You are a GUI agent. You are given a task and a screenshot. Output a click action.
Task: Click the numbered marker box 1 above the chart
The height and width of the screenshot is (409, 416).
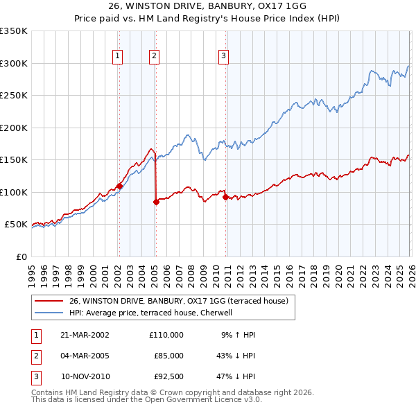coord(118,57)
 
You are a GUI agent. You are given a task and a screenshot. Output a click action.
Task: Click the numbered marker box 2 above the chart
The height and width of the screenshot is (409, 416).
coord(154,57)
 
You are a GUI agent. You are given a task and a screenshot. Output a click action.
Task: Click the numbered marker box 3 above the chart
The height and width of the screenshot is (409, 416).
coord(224,57)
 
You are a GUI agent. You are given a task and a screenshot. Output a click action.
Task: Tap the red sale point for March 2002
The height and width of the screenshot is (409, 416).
coord(119,186)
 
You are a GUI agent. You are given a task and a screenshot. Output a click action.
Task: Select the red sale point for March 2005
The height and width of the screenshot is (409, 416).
coord(156,202)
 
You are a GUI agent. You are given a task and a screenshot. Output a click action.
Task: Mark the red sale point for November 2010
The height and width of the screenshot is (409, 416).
coord(225,197)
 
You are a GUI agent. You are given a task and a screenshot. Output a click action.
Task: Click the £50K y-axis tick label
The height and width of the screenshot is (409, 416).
coord(17,225)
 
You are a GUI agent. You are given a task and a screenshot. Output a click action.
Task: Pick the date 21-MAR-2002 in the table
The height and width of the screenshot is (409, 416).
coord(85,334)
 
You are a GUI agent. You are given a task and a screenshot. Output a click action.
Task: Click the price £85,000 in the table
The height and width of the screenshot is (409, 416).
coord(167,356)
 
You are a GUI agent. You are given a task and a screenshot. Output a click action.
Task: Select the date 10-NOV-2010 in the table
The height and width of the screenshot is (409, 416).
coord(85,377)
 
